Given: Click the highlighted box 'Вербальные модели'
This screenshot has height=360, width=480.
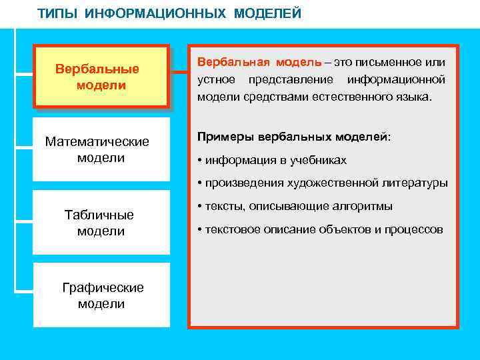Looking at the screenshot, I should coord(101,77).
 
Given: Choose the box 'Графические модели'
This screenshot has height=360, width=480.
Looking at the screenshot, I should coord(102,295).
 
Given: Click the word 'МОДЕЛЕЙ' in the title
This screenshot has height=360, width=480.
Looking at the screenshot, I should coord(267,14).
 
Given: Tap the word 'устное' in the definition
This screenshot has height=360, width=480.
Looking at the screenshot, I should coord(215,80).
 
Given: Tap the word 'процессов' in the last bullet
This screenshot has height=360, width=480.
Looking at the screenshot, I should coord(415,229).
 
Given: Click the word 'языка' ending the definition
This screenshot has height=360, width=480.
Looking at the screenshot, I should coord(414,97).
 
